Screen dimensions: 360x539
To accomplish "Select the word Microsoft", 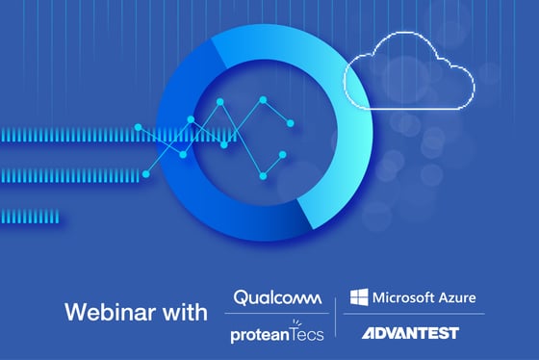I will point(402,297).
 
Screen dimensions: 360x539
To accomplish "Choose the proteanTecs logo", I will point(276,333).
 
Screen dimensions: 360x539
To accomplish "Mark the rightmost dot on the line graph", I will point(291,122).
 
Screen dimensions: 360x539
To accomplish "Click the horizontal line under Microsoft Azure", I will point(414,315).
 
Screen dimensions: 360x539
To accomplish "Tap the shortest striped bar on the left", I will point(29,216).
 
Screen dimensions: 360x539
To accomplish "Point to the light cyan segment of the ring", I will point(337,144).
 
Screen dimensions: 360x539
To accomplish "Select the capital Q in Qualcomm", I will point(241,298).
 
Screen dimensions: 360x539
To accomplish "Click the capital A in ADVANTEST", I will point(369,334).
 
